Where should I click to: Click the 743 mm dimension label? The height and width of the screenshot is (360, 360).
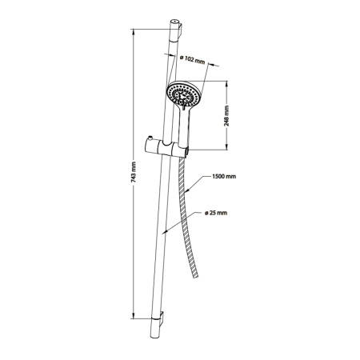pos(134,172)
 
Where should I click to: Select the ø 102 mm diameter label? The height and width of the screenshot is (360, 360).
pos(192,60)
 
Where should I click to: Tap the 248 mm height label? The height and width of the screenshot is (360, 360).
pos(226,116)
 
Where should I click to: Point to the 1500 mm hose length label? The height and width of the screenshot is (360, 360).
pos(224,177)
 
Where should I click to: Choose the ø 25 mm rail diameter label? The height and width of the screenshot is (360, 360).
pos(216,213)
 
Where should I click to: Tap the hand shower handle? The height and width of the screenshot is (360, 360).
pos(184,126)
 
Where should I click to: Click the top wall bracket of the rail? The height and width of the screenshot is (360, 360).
pos(180,30)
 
